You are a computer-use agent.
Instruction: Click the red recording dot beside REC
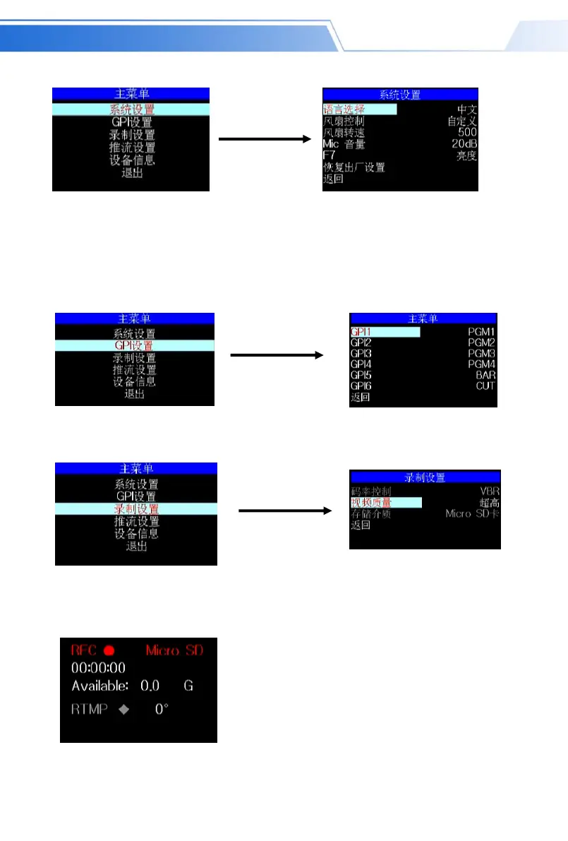tap(109, 650)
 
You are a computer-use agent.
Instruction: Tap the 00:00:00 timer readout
tap(98, 667)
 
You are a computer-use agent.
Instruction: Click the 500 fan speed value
tap(467, 132)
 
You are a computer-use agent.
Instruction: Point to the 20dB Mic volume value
tap(464, 144)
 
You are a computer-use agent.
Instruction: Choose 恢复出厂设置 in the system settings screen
tap(354, 168)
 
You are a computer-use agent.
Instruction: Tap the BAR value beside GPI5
tap(485, 375)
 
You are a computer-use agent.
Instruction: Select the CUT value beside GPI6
tap(485, 386)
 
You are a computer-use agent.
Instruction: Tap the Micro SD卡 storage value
tap(472, 513)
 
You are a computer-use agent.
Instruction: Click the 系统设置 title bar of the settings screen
tap(401, 95)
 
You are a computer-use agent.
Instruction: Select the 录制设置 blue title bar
tap(425, 477)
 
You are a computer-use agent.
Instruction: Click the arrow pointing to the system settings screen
tap(265, 140)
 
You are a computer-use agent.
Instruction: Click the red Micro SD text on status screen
tap(174, 650)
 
